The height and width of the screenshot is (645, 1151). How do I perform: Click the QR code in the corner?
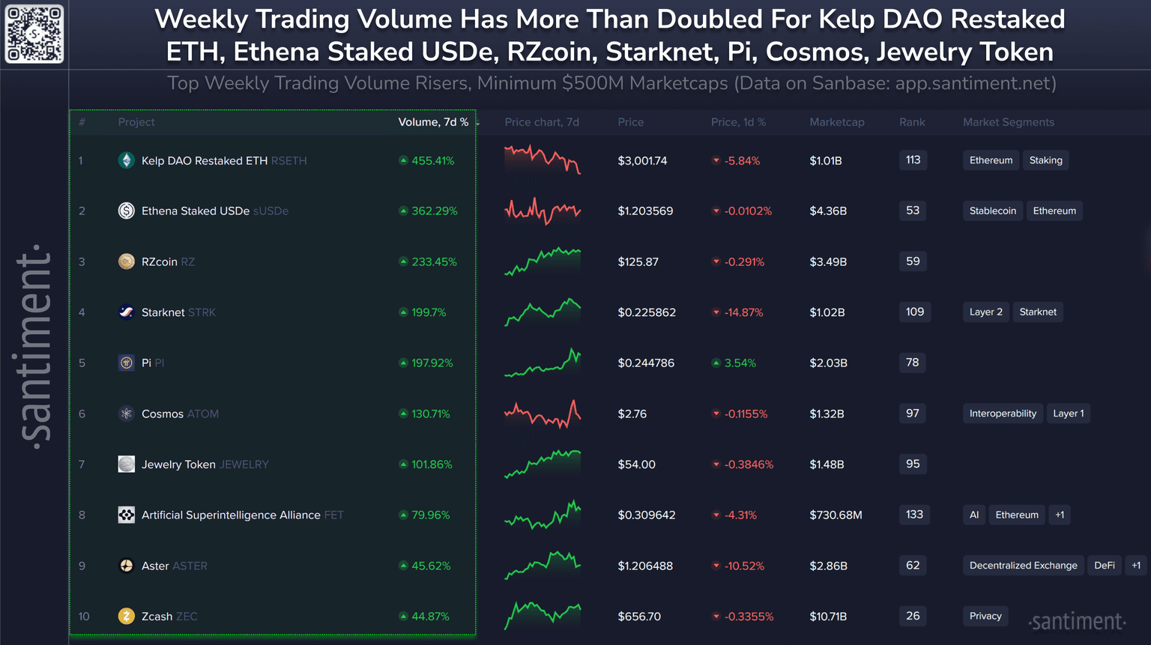(34, 34)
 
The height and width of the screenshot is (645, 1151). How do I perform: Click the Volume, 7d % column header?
(433, 122)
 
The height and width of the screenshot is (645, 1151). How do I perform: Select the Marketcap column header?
(836, 122)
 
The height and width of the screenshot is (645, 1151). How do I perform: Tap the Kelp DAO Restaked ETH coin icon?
(127, 160)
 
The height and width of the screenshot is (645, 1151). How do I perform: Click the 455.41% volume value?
(432, 160)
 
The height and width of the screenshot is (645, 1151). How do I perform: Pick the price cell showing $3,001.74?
(642, 160)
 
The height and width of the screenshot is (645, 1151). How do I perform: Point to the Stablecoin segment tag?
(992, 211)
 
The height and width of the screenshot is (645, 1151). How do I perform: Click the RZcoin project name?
(160, 261)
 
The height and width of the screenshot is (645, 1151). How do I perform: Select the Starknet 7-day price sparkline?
(543, 312)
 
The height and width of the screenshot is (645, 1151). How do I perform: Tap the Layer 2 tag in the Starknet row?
(985, 312)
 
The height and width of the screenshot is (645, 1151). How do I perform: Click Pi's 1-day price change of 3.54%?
(740, 363)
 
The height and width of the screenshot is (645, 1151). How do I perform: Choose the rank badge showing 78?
(912, 363)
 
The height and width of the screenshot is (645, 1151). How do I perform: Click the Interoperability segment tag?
(1003, 414)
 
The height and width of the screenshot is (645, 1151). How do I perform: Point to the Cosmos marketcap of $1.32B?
(827, 414)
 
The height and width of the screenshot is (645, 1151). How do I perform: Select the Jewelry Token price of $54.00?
(636, 464)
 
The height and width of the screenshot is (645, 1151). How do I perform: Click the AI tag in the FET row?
(973, 515)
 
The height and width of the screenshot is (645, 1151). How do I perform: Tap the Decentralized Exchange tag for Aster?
(1023, 566)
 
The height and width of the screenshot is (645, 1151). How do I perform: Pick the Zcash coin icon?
(127, 617)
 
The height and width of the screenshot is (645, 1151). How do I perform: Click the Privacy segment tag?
(985, 617)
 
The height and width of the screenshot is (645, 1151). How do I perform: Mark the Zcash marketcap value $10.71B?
(828, 617)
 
